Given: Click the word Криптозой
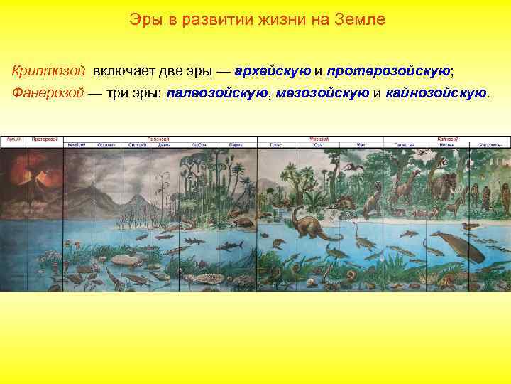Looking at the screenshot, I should (48, 72).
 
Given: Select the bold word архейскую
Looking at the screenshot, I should (272, 72).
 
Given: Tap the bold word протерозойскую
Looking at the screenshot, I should (390, 72).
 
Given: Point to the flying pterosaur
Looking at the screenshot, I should (351, 169).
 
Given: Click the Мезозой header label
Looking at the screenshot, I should (318, 138).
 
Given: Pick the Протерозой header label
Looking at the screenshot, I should (44, 138).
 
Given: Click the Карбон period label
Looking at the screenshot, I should (199, 145).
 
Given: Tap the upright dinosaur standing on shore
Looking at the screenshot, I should (370, 203).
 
